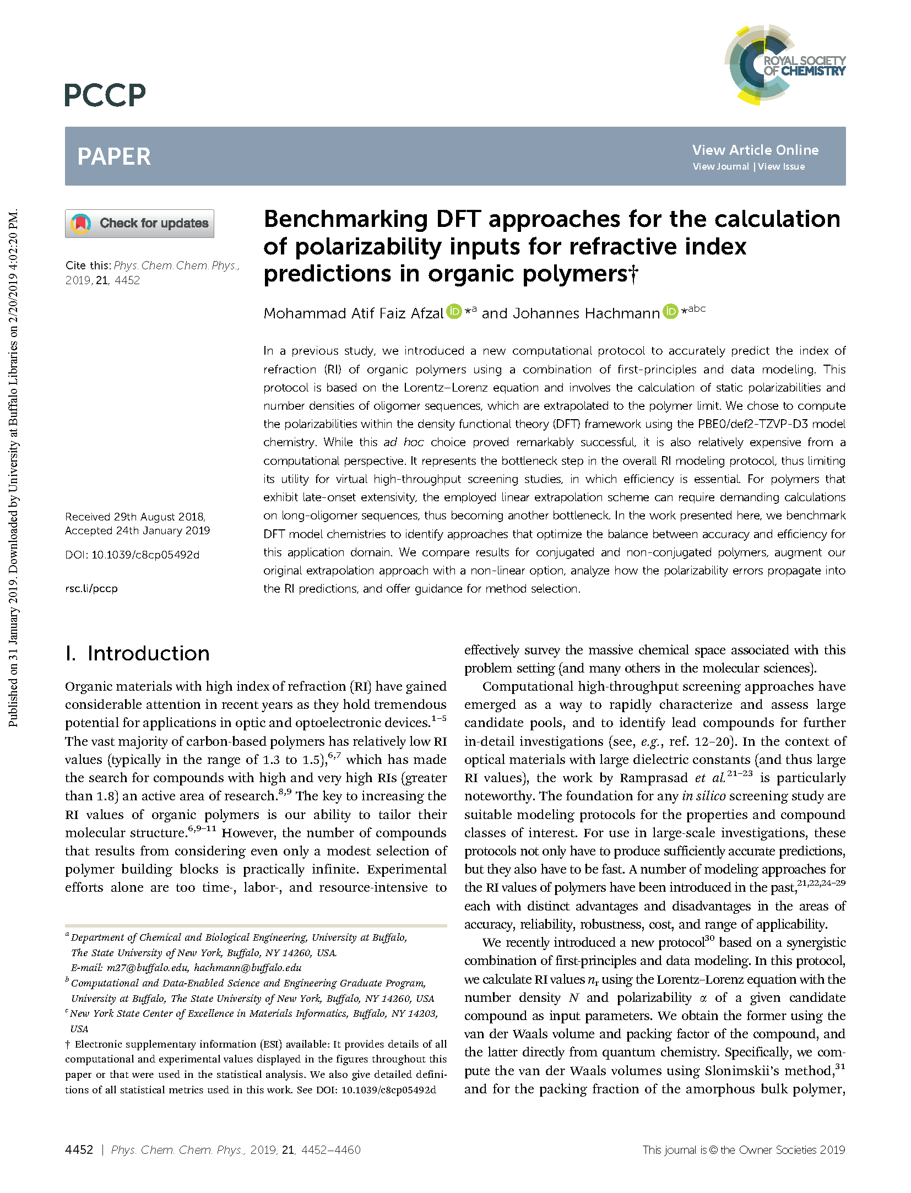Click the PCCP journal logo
[x=105, y=95]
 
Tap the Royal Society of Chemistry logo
[x=784, y=65]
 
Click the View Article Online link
[x=755, y=150]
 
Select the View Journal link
[x=720, y=166]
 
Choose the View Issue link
[x=781, y=166]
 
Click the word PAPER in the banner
[x=114, y=156]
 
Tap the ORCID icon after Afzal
[x=454, y=312]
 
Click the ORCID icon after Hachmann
[x=670, y=312]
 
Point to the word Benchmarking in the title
[x=346, y=219]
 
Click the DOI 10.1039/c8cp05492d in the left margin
[x=145, y=555]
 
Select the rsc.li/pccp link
[x=91, y=588]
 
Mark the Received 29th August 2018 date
[x=135, y=517]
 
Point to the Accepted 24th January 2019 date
[x=137, y=530]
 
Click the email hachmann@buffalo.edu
[x=248, y=968]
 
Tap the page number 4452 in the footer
[x=79, y=1149]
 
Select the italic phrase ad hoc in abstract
[x=404, y=442]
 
